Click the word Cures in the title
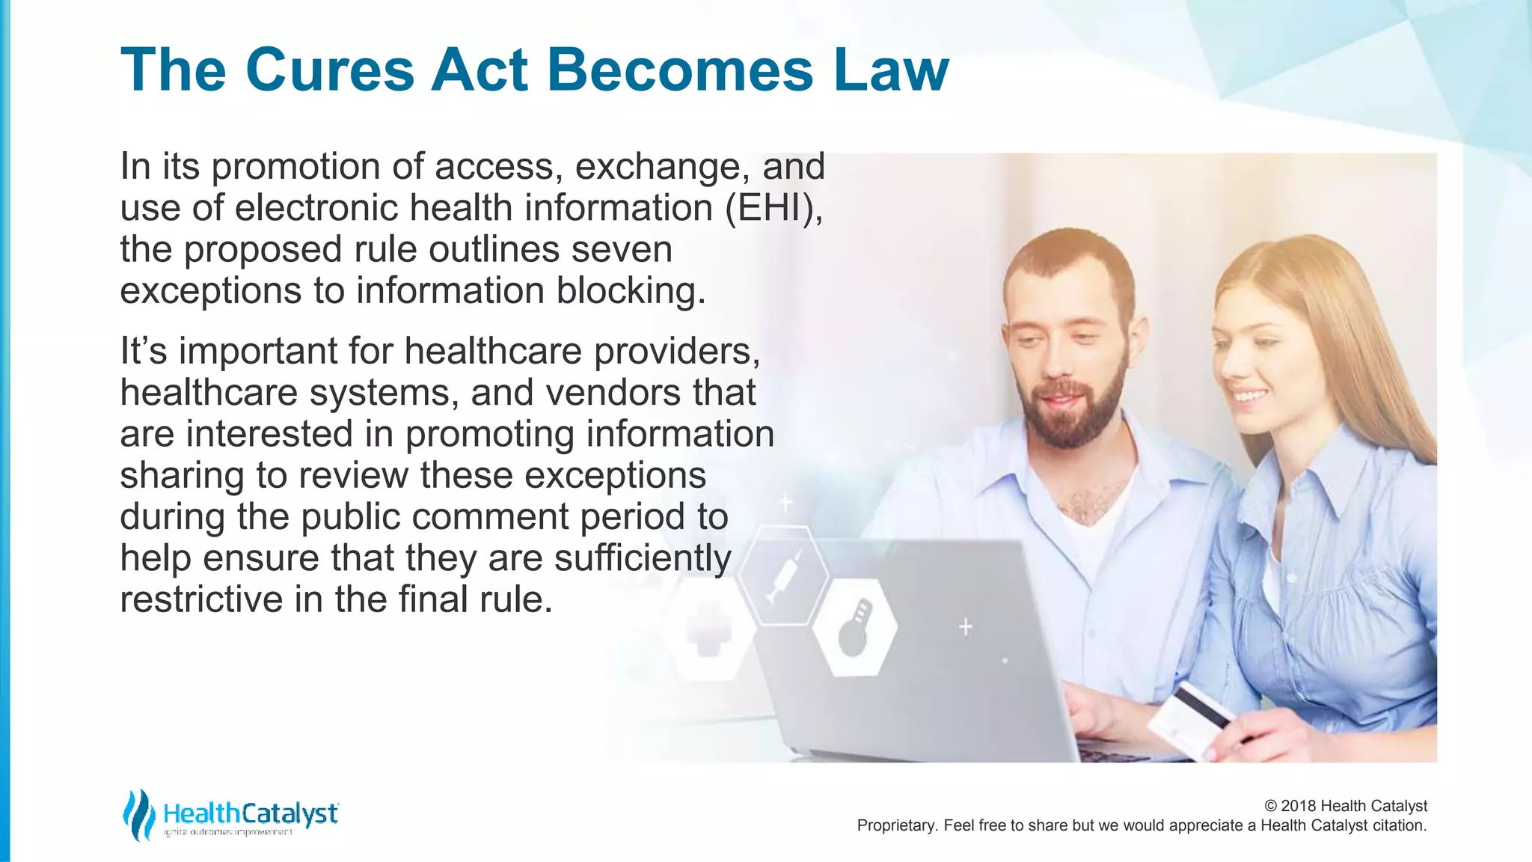(x=329, y=70)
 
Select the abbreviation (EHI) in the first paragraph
(x=773, y=208)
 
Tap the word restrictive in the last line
(x=200, y=599)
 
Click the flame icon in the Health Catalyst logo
(x=138, y=814)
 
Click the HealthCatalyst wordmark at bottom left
(x=251, y=813)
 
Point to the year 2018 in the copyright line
(x=1298, y=806)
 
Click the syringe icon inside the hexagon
(x=783, y=575)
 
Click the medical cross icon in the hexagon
(x=708, y=631)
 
